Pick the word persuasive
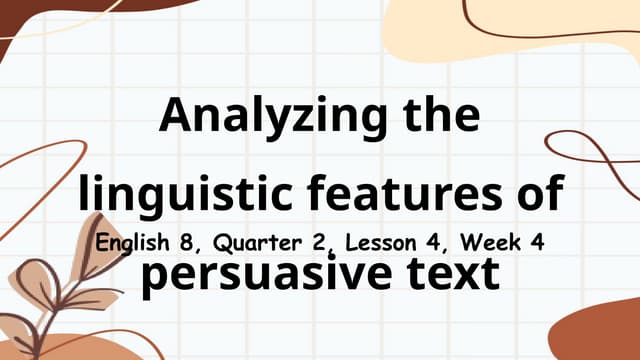point(261,273)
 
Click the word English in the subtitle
point(132,243)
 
